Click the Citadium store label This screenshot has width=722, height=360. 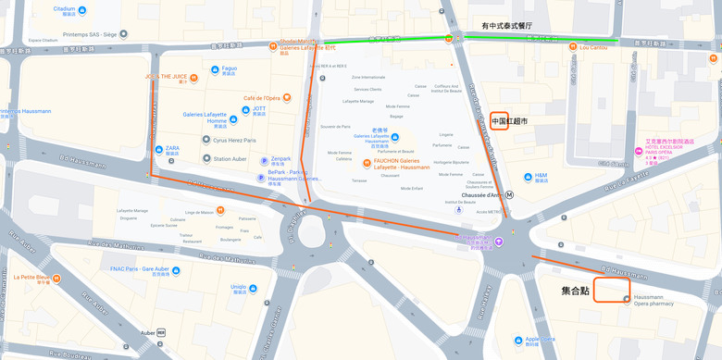point(65,9)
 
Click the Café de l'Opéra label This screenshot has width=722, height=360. point(262,98)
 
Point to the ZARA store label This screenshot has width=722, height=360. point(172,148)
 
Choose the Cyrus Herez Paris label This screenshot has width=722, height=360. point(234,140)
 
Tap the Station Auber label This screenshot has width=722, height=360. point(230,159)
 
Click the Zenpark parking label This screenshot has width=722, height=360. point(280,158)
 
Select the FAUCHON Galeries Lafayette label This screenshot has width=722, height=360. point(402,163)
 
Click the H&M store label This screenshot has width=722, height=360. point(541,175)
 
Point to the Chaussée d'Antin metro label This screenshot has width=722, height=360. point(481,194)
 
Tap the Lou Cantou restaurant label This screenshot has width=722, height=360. point(593,47)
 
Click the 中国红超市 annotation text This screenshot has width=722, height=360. point(510,121)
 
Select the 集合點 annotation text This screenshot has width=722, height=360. point(575,291)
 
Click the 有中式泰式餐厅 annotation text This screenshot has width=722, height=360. point(506,26)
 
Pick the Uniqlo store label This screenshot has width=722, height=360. point(238,287)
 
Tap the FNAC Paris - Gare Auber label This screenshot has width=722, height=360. point(139,269)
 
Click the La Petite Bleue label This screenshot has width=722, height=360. point(32,277)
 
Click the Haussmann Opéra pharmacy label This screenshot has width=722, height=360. point(654,300)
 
